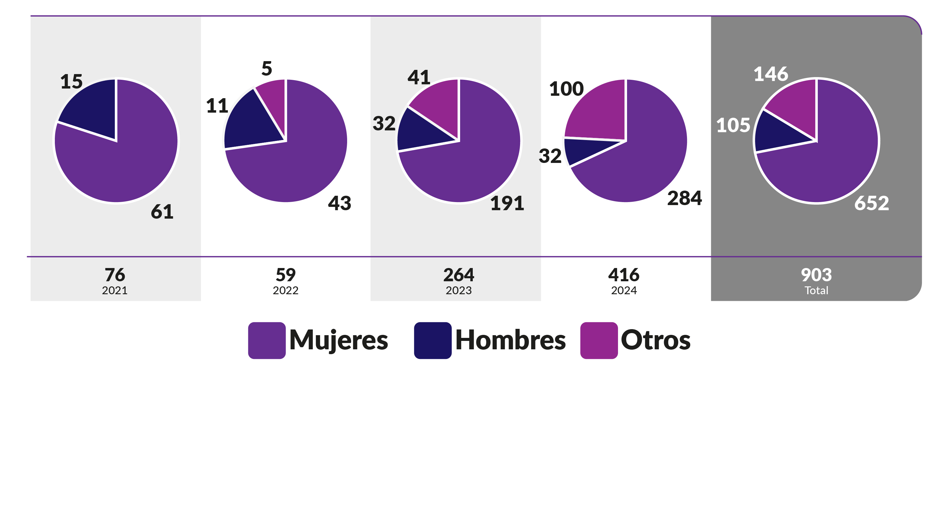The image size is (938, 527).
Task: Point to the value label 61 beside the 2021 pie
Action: [162, 211]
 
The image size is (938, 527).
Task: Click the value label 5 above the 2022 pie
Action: [267, 68]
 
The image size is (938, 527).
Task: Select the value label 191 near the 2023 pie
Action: [507, 203]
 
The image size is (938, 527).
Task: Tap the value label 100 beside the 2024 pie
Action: [566, 89]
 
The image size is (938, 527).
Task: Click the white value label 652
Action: [871, 203]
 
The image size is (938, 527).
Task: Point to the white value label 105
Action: [733, 125]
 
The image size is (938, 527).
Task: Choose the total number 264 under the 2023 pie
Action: [458, 275]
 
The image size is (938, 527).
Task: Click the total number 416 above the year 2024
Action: [623, 275]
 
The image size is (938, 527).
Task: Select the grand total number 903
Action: [816, 275]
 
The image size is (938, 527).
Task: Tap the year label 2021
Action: [115, 290]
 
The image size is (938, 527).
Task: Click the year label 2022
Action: [285, 290]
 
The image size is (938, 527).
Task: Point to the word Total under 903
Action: [816, 290]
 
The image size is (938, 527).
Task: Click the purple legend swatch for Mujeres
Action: [267, 340]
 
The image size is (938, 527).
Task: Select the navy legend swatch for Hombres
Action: [433, 340]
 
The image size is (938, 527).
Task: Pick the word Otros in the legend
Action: [655, 340]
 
